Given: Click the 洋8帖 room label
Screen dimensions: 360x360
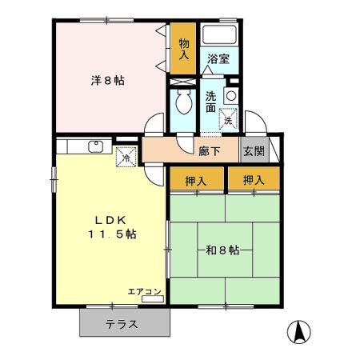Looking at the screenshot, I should (107, 80).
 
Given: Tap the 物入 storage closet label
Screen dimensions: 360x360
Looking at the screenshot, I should (184, 49).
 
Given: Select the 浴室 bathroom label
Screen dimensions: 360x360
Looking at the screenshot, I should (218, 58).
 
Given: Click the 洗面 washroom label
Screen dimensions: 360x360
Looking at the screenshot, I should (210, 102).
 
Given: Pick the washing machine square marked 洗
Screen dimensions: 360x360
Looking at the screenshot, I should (229, 120).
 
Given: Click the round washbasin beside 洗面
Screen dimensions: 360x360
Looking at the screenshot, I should (231, 95).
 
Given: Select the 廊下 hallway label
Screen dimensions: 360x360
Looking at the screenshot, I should (210, 150).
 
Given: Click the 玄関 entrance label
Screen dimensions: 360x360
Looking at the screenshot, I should (254, 150).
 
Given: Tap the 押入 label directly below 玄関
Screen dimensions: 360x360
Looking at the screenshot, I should (254, 180).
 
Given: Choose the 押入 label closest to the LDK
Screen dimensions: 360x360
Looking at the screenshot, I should (196, 180).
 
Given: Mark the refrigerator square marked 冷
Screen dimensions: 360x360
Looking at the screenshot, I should (126, 158).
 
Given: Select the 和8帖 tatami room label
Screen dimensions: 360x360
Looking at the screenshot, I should (222, 250).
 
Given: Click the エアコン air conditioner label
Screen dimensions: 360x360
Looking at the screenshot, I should (145, 291).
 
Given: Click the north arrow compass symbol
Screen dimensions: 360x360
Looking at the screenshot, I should (300, 330).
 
